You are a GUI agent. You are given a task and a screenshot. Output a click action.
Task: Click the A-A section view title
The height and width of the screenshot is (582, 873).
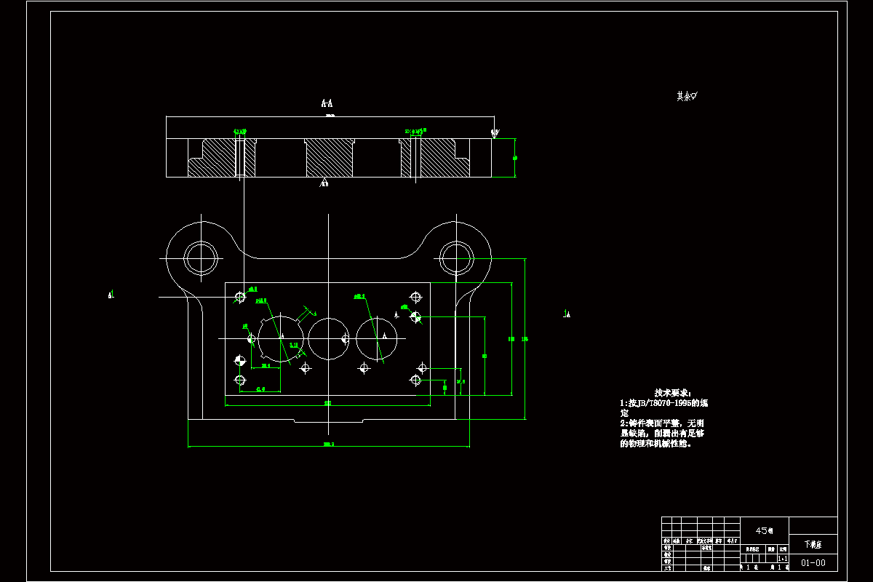click(327, 103)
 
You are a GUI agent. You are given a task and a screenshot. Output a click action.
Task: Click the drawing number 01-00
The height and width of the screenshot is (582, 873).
click(813, 562)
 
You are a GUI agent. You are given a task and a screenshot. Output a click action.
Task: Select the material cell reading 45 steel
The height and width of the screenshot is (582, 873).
click(764, 530)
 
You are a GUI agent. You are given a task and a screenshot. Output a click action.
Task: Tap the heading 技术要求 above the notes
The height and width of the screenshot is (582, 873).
click(670, 392)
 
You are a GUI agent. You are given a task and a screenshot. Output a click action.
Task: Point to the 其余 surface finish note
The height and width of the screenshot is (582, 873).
click(687, 96)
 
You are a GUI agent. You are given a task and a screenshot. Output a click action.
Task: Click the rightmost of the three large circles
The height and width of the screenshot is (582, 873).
click(378, 338)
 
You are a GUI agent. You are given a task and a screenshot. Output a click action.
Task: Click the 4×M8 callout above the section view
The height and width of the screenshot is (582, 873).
click(240, 132)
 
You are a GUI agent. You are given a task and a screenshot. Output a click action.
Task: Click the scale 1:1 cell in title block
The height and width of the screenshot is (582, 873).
click(782, 558)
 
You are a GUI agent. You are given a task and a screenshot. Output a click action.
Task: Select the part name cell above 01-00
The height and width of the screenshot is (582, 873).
click(813, 544)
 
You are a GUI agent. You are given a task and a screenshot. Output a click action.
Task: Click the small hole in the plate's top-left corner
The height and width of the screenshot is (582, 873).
click(240, 296)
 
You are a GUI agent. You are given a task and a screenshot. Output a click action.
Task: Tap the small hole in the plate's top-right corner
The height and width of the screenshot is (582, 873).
click(416, 297)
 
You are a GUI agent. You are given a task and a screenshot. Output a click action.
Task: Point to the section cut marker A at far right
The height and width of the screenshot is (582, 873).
click(567, 314)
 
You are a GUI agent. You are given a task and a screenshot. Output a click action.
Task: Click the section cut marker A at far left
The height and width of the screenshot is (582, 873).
click(111, 295)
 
